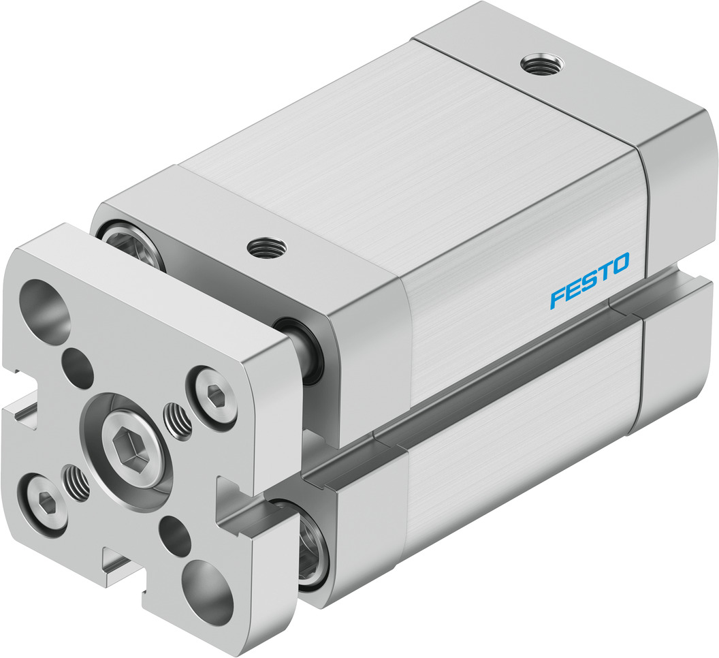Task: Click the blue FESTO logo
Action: pyautogui.click(x=590, y=280)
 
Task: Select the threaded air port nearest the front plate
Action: pyautogui.click(x=264, y=247)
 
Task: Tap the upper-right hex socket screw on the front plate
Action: pyautogui.click(x=212, y=393)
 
